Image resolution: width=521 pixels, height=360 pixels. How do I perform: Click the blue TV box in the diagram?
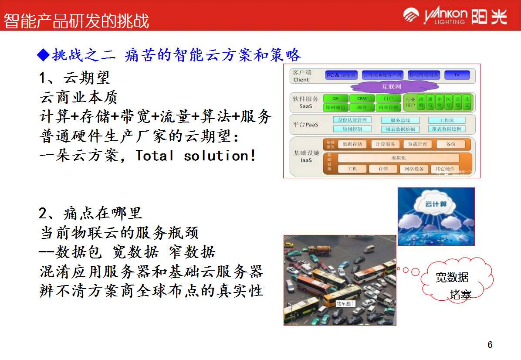pyautogui.click(x=457, y=75)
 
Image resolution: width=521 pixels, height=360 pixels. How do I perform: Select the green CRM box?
pyautogui.click(x=362, y=98)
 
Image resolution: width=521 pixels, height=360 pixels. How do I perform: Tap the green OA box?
pyautogui.click(x=335, y=98)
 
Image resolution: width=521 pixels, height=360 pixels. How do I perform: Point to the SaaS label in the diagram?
pyautogui.click(x=305, y=106)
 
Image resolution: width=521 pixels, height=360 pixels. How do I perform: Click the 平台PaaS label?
pyautogui.click(x=305, y=125)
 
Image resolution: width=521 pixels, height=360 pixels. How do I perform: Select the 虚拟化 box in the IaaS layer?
pyautogui.click(x=398, y=158)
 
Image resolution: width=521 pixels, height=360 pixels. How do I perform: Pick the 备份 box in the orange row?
pyautogui.click(x=450, y=144)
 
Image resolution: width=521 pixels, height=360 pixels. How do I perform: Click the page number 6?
pyautogui.click(x=490, y=345)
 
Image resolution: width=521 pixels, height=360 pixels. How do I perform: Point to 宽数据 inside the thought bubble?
pyautogui.click(x=452, y=277)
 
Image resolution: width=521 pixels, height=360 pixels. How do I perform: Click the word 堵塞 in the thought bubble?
pyautogui.click(x=460, y=295)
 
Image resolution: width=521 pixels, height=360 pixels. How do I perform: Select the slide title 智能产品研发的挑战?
pyautogui.click(x=77, y=21)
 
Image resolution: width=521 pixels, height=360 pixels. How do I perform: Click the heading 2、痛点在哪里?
pyautogui.click(x=91, y=214)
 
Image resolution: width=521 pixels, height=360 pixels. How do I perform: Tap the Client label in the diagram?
pyautogui.click(x=301, y=80)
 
